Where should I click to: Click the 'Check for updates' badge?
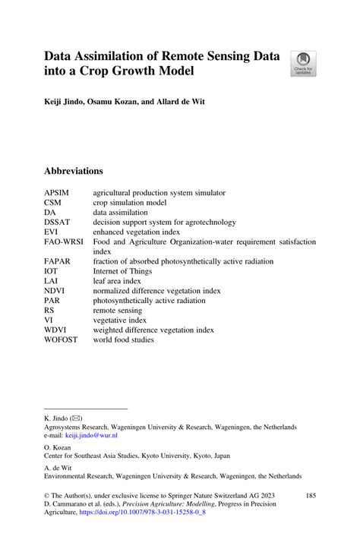pos(302,63)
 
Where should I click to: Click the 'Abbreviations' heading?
pos(74,171)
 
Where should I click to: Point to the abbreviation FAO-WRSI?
pos(65,241)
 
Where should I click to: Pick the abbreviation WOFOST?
pos(61,339)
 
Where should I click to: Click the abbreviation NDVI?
pos(55,290)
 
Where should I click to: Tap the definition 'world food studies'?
pos(124,339)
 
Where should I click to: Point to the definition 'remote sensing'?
pos(118,310)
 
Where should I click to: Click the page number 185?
pos(309,495)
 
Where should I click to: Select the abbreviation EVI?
pos(51,232)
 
